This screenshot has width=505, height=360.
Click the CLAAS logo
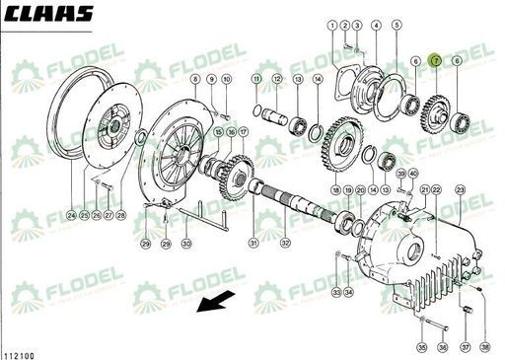(47, 15)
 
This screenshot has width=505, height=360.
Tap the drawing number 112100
(20, 352)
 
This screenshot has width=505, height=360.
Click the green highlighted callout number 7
(436, 62)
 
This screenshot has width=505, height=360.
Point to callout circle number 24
(72, 215)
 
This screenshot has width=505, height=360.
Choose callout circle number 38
(484, 347)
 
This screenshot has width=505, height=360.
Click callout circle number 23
(460, 188)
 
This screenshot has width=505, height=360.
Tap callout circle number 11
(256, 78)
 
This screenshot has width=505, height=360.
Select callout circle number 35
(421, 347)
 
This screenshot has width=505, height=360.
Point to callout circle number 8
(195, 79)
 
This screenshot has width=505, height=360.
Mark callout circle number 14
(317, 78)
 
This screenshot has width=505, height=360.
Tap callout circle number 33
(335, 293)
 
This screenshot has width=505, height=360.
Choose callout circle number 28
(121, 215)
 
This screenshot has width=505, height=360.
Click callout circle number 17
(243, 131)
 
